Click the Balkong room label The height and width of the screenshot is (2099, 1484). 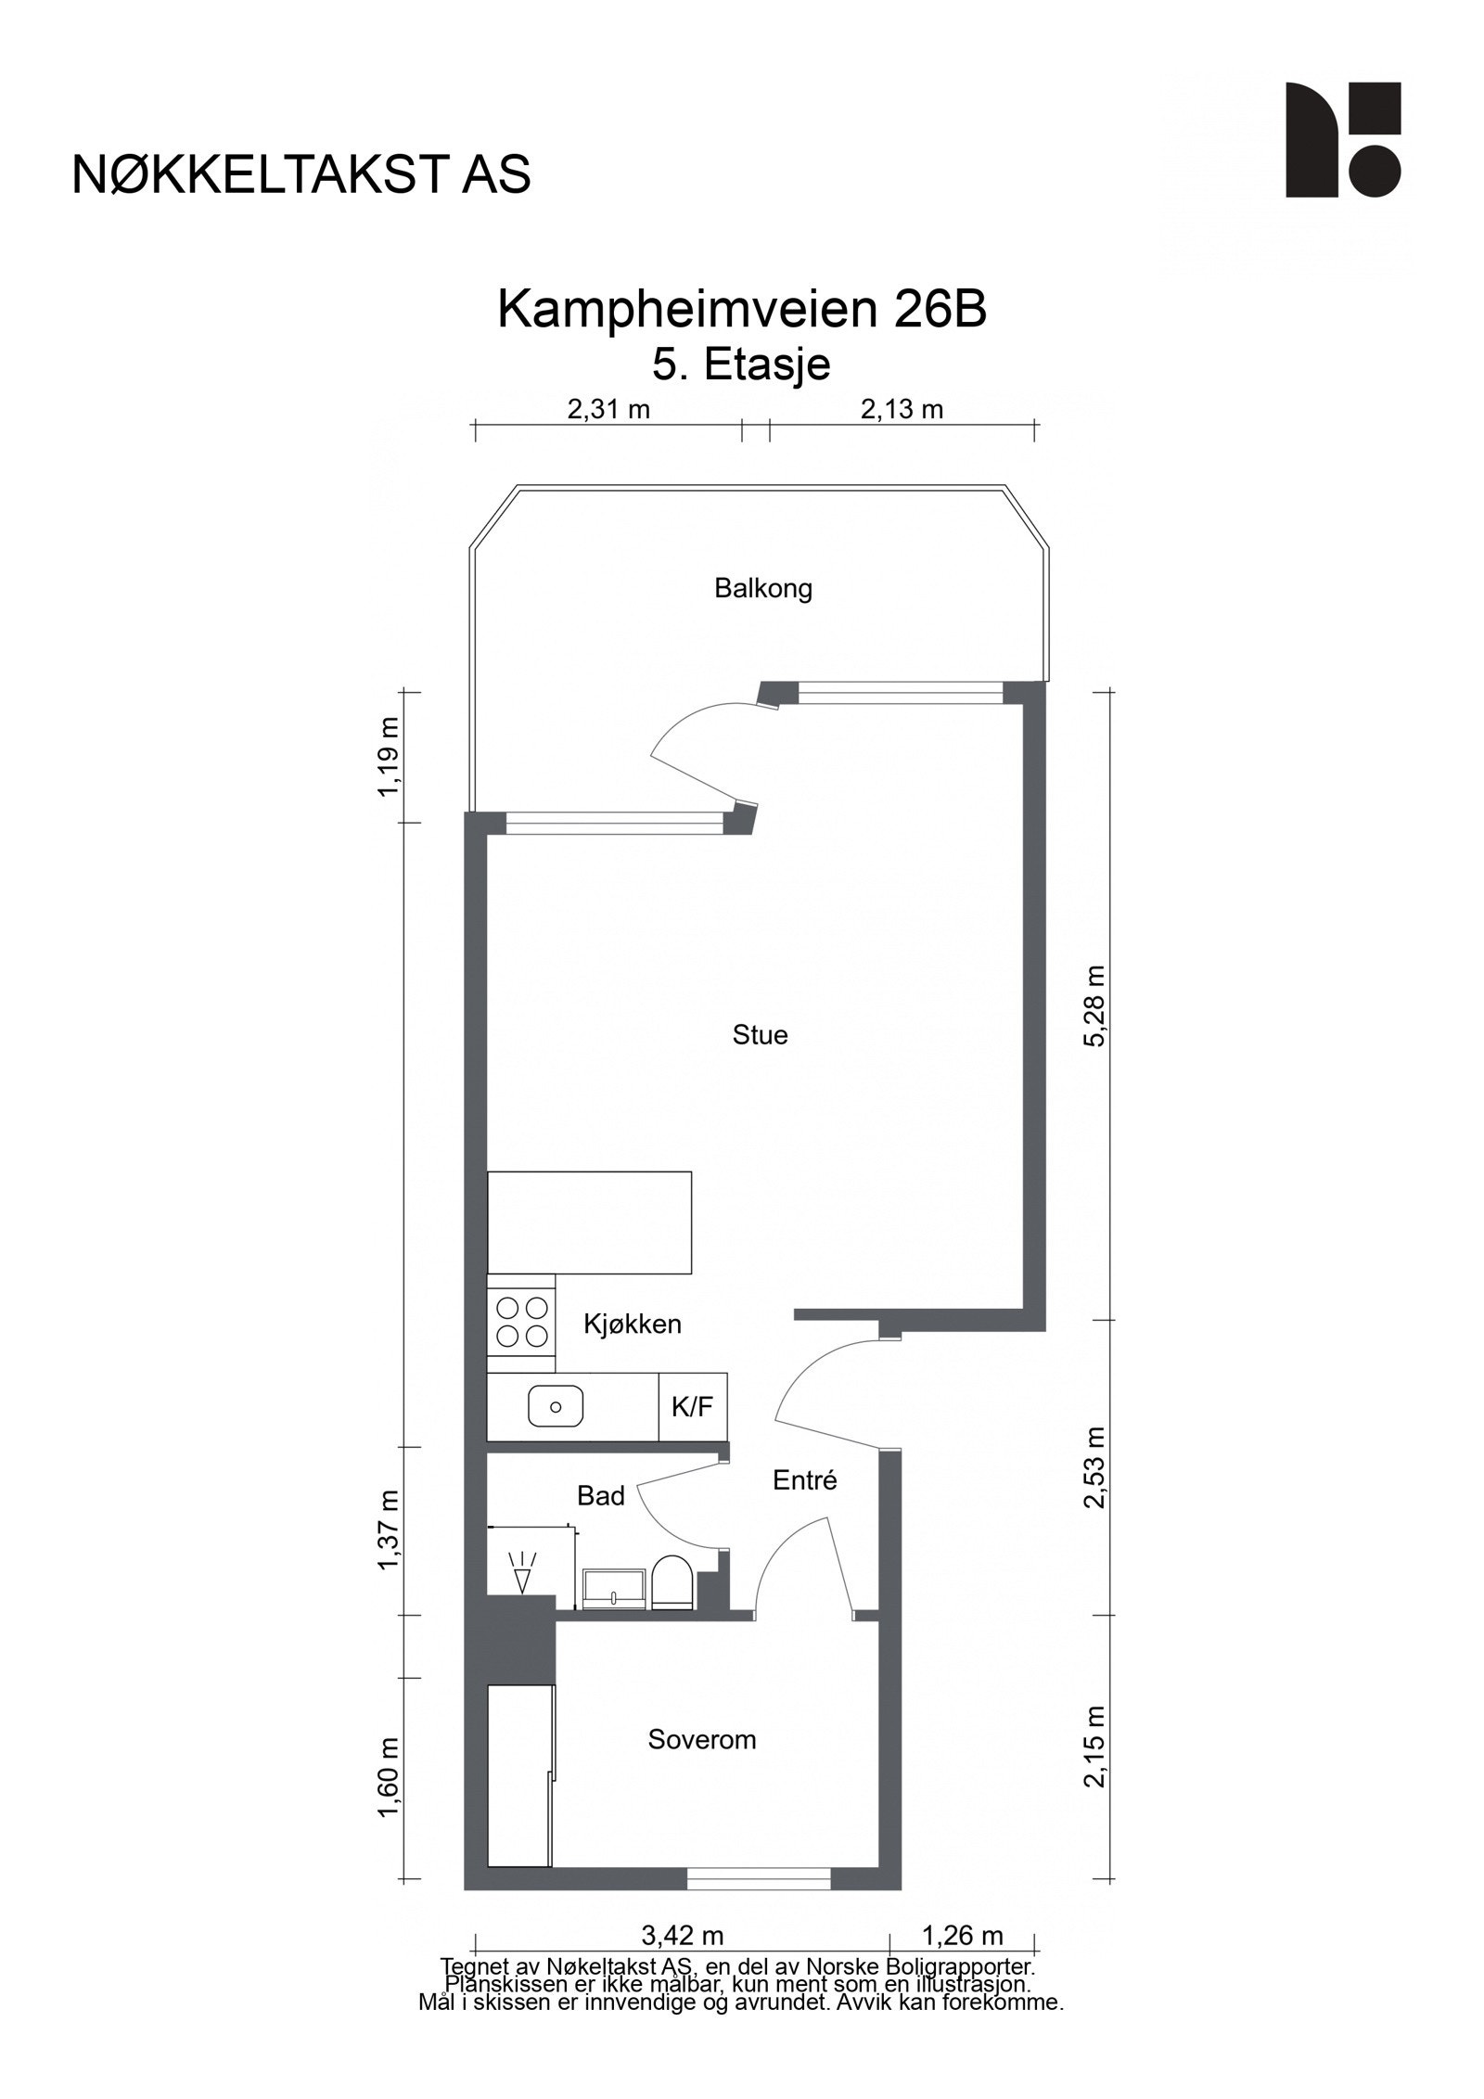pos(762,588)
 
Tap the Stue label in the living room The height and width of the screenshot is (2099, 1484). pos(760,1034)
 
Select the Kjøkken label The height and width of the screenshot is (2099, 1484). pos(632,1324)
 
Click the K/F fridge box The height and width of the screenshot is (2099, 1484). pos(692,1407)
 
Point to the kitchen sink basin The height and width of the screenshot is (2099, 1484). pos(556,1406)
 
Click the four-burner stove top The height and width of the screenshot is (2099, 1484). pos(520,1322)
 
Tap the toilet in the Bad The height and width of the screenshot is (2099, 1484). pos(672,1583)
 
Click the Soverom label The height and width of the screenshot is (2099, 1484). pos(701,1739)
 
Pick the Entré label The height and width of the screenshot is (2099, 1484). pos(804,1480)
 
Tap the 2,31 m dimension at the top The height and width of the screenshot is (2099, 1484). pos(608,409)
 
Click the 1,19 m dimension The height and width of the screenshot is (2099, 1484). pos(390,756)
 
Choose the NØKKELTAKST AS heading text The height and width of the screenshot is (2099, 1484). pos(301,174)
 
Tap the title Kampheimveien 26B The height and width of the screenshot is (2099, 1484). pos(741,310)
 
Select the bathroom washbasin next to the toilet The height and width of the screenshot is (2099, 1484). pos(613,1587)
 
